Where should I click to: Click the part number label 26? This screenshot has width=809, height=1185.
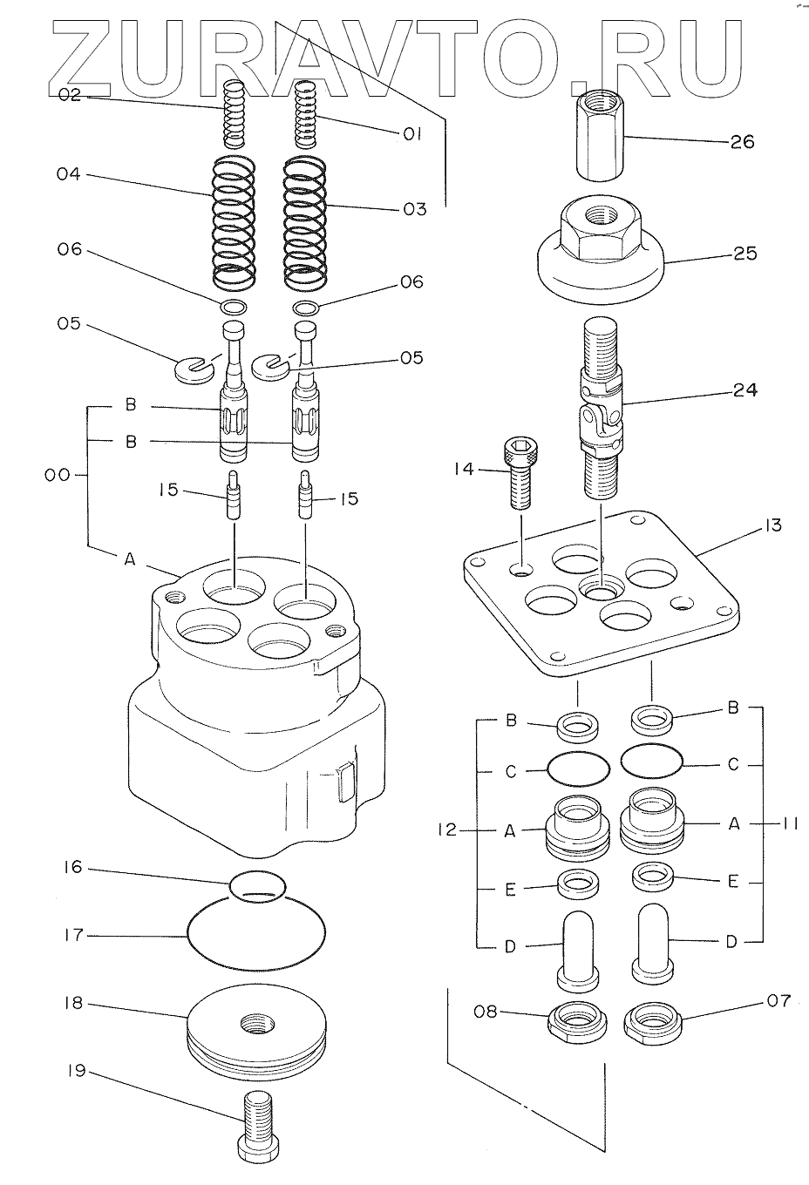click(x=742, y=141)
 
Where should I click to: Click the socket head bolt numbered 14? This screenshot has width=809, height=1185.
click(x=517, y=474)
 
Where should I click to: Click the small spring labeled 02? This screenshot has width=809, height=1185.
click(x=235, y=113)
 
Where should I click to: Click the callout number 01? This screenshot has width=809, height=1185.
click(x=411, y=134)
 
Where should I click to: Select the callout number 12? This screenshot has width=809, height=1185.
click(x=445, y=830)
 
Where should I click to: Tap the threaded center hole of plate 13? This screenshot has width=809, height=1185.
click(x=602, y=592)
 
